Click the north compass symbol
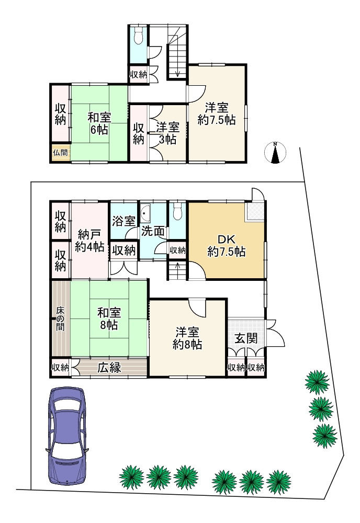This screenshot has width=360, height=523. (x=275, y=153)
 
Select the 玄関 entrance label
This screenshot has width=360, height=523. (x=246, y=338)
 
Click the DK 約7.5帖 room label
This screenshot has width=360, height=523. (x=227, y=245)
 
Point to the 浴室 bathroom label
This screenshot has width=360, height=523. (x=123, y=221)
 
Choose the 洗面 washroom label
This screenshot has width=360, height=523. (x=152, y=231)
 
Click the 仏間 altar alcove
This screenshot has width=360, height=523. (x=60, y=153)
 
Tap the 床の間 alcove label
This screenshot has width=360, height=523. (x=60, y=319)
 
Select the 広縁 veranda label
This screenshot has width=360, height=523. (x=109, y=368)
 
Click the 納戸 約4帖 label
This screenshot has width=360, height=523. (x=89, y=240)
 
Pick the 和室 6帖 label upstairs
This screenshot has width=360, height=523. (x=99, y=123)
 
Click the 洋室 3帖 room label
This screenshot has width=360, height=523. (x=167, y=133)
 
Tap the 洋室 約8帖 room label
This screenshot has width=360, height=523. (x=187, y=338)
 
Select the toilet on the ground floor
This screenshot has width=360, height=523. (x=177, y=211)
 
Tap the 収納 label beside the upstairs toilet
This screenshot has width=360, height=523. (x=138, y=74)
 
